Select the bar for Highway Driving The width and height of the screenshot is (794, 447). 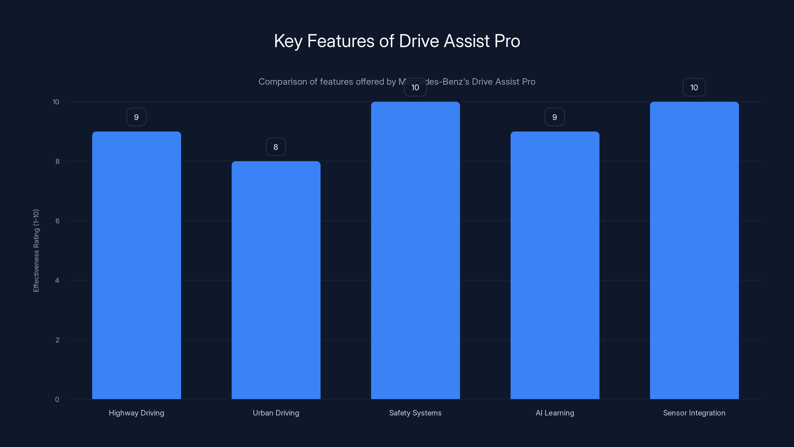(x=136, y=265)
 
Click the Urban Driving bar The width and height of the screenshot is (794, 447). (x=276, y=280)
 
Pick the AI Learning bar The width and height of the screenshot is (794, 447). (x=555, y=265)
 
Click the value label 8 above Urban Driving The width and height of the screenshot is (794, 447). (x=276, y=147)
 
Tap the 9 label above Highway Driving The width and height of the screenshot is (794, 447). (x=136, y=117)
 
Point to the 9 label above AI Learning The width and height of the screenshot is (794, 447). (x=555, y=117)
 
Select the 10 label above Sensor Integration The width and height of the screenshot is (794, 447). (x=694, y=87)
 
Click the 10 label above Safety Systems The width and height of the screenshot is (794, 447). (x=415, y=87)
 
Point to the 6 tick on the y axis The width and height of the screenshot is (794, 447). (x=57, y=221)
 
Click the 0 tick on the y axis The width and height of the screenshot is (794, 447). (x=57, y=400)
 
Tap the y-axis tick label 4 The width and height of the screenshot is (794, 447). (x=57, y=280)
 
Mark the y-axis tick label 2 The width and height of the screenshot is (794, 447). (x=57, y=340)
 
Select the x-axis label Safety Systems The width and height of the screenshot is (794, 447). (x=415, y=413)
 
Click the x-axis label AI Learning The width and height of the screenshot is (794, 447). (x=555, y=413)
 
